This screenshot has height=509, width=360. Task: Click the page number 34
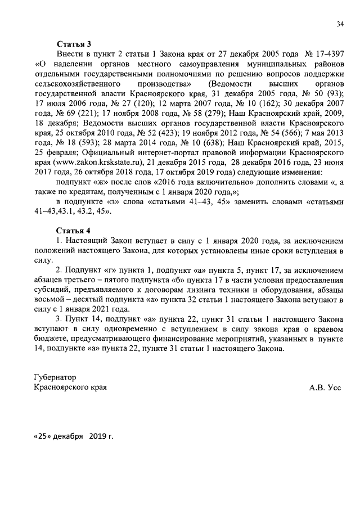click(340, 24)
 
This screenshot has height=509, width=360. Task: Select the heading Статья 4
click(73, 231)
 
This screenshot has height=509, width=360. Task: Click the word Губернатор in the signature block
click(55, 377)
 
